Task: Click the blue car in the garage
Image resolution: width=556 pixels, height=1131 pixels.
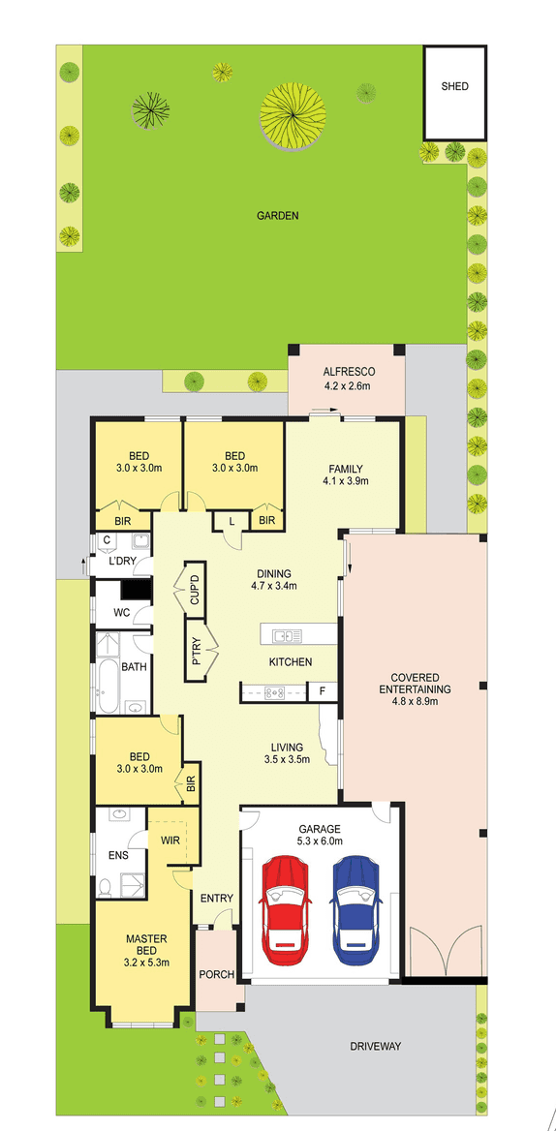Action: click(355, 900)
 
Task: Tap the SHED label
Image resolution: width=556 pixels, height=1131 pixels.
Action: click(454, 86)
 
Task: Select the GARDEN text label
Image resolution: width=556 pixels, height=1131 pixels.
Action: click(277, 216)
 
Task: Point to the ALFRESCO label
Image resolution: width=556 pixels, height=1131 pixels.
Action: click(348, 372)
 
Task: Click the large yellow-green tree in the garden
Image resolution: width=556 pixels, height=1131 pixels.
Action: click(291, 115)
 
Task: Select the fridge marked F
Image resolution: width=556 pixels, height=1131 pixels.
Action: click(322, 691)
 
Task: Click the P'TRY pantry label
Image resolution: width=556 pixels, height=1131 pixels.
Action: click(196, 651)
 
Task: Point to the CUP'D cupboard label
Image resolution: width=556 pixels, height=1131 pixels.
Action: click(194, 589)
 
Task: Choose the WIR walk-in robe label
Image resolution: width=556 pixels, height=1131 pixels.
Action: click(171, 841)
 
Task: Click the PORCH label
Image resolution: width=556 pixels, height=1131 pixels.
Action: click(216, 973)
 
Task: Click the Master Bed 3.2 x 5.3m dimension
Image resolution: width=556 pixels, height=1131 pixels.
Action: click(147, 963)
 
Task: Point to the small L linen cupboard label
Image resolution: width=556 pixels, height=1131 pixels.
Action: click(232, 521)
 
